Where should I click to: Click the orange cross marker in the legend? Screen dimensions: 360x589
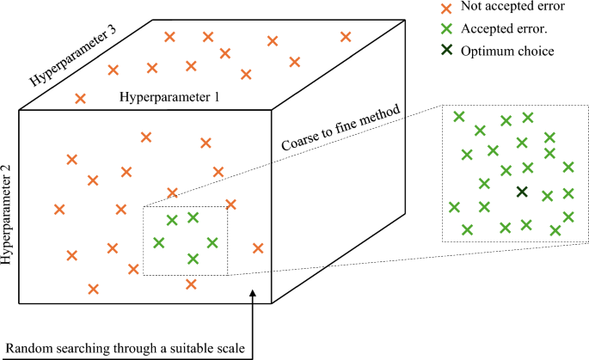point(445,8)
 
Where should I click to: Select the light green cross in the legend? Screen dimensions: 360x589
point(445,29)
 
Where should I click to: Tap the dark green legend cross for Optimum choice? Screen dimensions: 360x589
point(445,51)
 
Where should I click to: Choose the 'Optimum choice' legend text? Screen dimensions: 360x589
point(507,51)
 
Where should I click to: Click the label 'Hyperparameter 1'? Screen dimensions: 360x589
point(169,98)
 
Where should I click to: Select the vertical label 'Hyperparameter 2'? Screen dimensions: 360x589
point(9,212)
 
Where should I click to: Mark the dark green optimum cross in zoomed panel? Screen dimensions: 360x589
point(521,191)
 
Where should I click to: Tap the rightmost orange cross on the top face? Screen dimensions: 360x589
point(346,37)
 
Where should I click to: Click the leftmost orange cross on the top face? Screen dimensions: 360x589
point(80,99)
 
